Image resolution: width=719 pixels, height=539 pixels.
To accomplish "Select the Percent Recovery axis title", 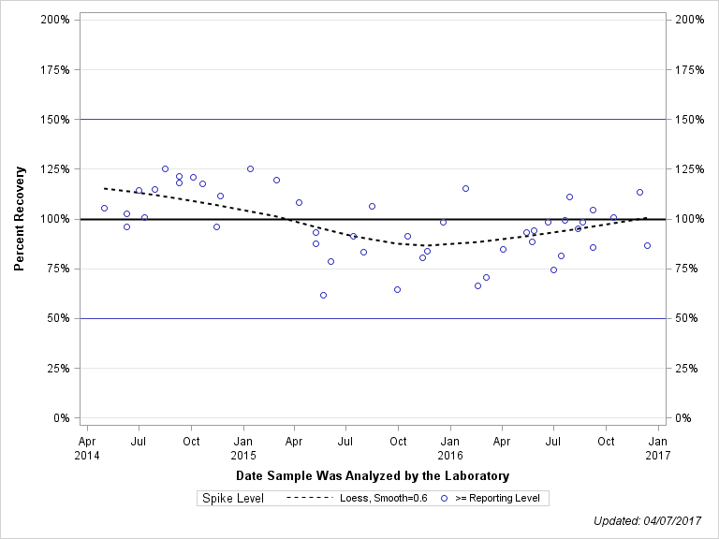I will [20, 219].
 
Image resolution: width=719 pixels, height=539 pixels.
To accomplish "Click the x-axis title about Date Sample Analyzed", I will [373, 476].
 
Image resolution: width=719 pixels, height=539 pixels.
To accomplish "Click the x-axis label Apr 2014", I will [87, 447].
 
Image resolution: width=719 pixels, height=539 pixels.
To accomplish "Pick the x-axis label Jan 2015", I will [242, 447].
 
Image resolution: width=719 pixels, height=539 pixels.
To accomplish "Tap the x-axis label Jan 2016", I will [450, 447].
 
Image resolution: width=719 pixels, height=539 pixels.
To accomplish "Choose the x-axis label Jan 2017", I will [658, 447].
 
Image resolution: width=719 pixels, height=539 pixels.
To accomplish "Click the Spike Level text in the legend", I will [233, 499].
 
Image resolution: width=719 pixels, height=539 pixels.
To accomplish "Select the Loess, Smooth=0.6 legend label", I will [386, 499].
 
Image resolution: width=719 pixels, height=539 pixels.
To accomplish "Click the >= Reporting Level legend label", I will [497, 499].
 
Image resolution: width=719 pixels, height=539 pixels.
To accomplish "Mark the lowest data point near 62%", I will [323, 295].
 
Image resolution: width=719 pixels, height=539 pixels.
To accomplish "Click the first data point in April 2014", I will [104, 208].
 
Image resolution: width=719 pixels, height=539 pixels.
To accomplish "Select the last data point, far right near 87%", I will [647, 245].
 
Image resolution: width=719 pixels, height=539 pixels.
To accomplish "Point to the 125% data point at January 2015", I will [250, 168].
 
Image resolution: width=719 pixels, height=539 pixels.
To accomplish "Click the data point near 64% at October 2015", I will [397, 289].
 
